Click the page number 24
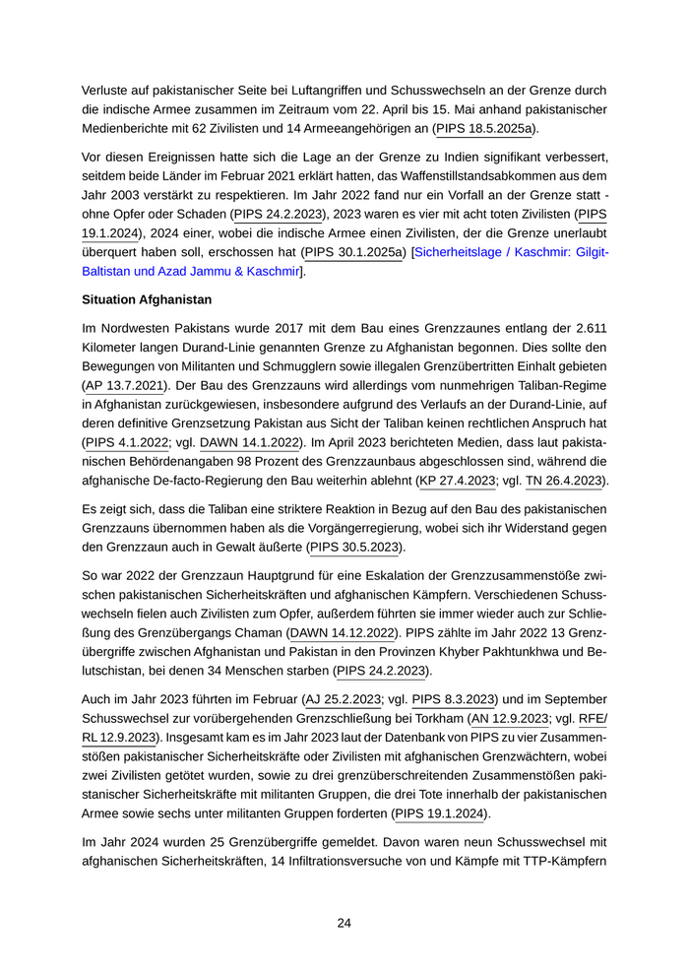click(344, 923)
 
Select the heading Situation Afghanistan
click(147, 298)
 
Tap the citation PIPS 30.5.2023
click(355, 546)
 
